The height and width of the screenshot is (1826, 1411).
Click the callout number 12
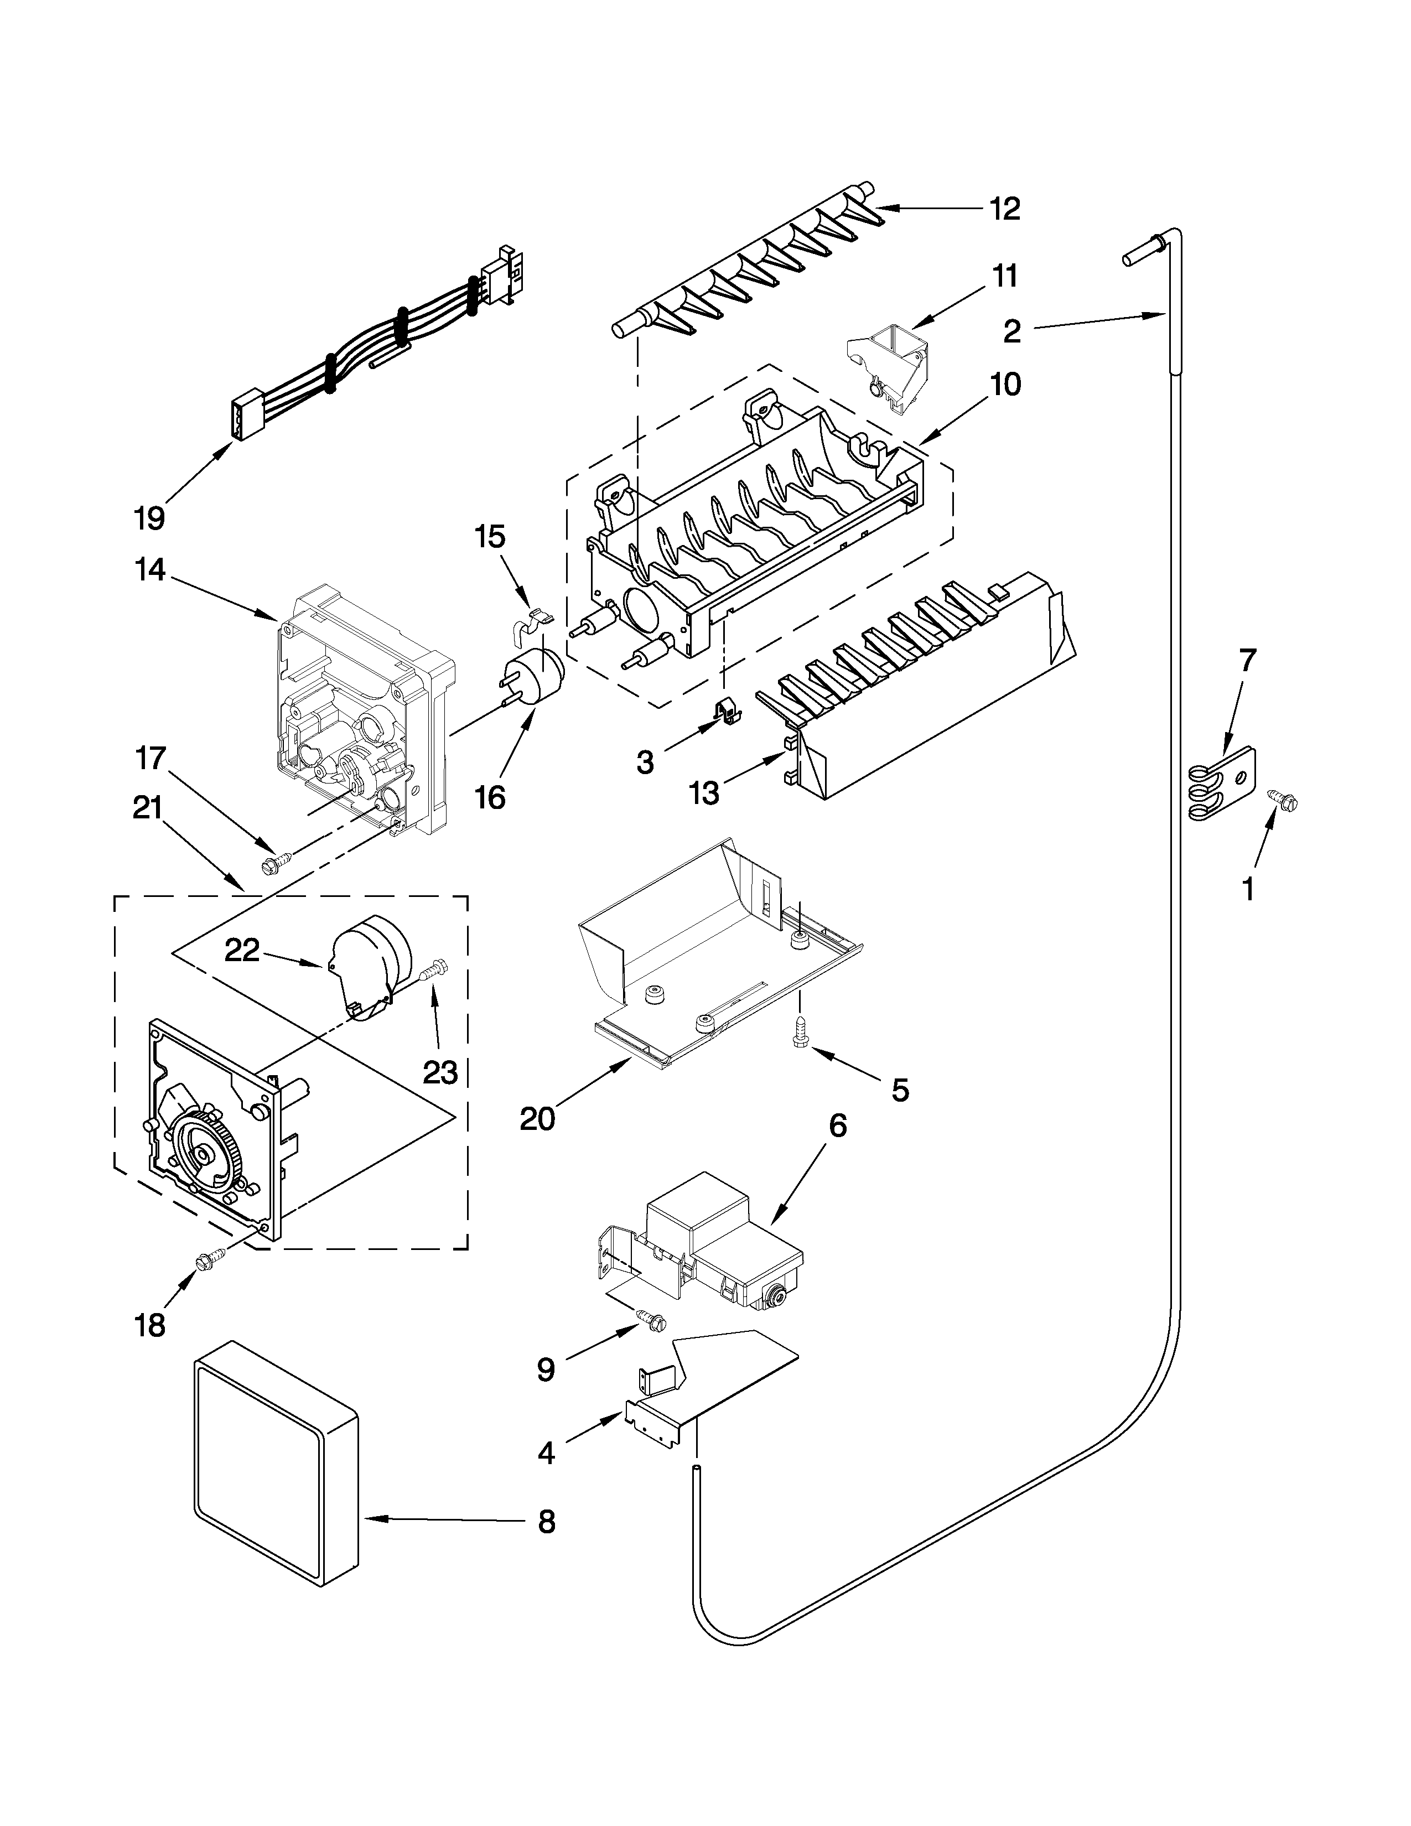point(1005,209)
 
